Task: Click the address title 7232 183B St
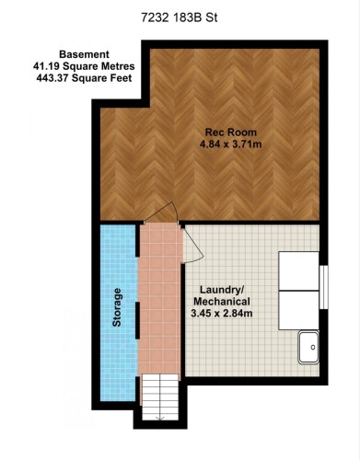180,17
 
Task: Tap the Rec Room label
231,132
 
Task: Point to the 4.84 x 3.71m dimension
231,144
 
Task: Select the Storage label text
117,307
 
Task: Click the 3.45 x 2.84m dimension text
222,314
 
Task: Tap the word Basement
84,54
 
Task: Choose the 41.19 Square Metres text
84,66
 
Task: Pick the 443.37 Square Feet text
84,78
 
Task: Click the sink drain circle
313,347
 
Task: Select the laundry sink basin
308,347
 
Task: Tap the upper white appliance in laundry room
298,271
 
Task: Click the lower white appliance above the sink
298,310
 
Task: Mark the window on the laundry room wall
324,287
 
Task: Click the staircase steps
160,397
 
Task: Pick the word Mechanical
222,302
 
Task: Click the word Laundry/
222,290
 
